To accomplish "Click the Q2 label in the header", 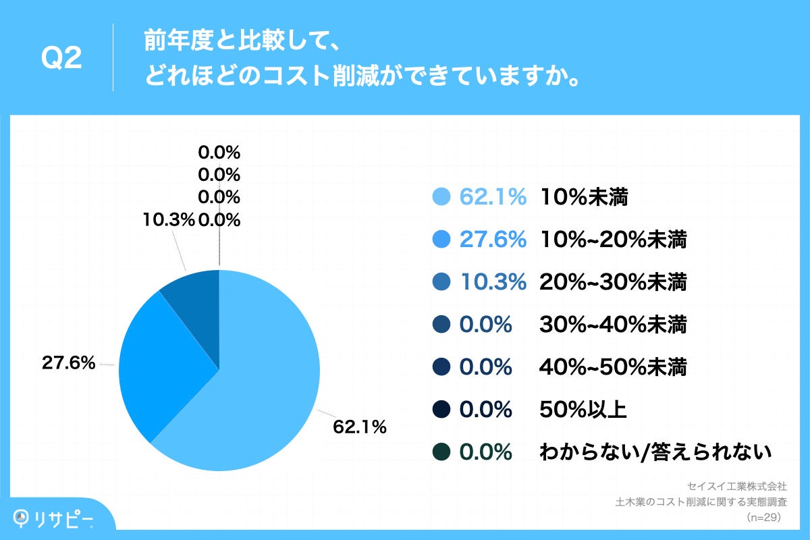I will pyautogui.click(x=61, y=59).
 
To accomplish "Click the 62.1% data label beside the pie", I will pyautogui.click(x=359, y=427).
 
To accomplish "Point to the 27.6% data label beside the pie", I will pyautogui.click(x=68, y=363).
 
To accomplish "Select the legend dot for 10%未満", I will pyautogui.click(x=441, y=197).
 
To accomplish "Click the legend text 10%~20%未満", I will pyautogui.click(x=613, y=240).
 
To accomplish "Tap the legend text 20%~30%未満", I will pyautogui.click(x=613, y=283).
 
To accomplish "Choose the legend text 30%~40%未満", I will pyautogui.click(x=613, y=325).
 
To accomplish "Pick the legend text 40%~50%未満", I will pyautogui.click(x=613, y=368).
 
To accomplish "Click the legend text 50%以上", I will pyautogui.click(x=583, y=410).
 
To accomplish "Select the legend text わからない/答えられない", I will pyautogui.click(x=655, y=453).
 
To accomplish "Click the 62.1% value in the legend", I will pyautogui.click(x=493, y=197).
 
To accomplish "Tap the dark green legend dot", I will pyautogui.click(x=441, y=453).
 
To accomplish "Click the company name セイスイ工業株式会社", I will pyautogui.click(x=736, y=486).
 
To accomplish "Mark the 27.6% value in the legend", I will pyautogui.click(x=493, y=240).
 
